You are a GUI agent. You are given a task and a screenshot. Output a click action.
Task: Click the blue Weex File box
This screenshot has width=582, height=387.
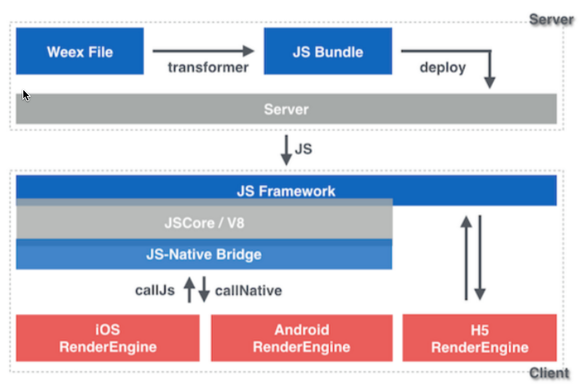click(x=80, y=51)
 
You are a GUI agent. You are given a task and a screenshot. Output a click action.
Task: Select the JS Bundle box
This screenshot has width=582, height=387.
click(x=328, y=51)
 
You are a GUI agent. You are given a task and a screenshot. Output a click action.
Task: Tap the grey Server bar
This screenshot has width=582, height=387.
click(x=286, y=108)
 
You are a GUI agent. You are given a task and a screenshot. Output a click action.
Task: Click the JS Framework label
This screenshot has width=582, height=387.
click(x=286, y=191)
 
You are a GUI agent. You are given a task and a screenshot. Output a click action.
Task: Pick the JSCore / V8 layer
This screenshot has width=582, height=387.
click(x=204, y=222)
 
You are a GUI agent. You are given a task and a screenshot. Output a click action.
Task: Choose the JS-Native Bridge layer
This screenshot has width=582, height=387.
click(x=204, y=255)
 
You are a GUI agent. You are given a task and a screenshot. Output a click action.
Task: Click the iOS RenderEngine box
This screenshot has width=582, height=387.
click(x=108, y=338)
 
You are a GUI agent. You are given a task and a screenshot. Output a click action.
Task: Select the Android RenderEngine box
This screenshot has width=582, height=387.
click(x=302, y=338)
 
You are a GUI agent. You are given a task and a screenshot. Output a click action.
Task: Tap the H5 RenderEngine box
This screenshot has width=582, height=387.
click(x=479, y=338)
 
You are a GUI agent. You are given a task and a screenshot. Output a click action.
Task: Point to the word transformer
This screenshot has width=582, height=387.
click(x=208, y=68)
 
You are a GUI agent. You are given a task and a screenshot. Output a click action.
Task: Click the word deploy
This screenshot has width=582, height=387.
click(x=443, y=68)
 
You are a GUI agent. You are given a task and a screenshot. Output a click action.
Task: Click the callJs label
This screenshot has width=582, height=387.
click(x=154, y=290)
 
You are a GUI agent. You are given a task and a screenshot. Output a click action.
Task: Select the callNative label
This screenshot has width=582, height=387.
click(x=248, y=291)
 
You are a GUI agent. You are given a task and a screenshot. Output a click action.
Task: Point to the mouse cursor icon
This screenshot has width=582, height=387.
click(x=25, y=95)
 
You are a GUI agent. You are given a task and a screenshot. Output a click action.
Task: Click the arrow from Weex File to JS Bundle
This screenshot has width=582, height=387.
click(x=203, y=51)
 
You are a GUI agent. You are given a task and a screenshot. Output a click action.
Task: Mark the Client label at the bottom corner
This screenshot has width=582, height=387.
click(x=549, y=373)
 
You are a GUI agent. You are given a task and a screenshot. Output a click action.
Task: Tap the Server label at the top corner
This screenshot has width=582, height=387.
click(x=551, y=19)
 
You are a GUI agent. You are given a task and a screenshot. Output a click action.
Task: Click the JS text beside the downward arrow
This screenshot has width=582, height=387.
click(x=303, y=149)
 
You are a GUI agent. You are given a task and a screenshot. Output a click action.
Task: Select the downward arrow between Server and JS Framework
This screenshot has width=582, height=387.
click(x=286, y=150)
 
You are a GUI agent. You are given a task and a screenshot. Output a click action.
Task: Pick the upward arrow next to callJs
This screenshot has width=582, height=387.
click(x=189, y=290)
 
